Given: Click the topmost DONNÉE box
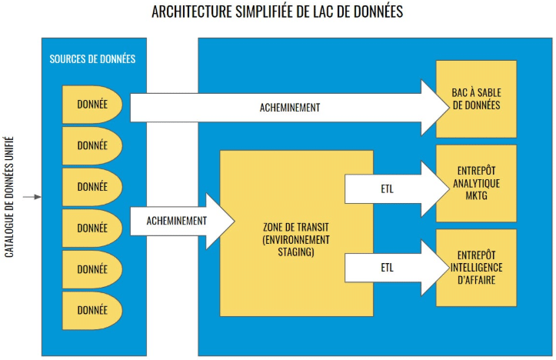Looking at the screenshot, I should pos(92,103).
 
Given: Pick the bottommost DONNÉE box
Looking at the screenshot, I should pos(92,311).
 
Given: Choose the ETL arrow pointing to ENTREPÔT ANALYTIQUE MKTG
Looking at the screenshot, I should pos(388,185).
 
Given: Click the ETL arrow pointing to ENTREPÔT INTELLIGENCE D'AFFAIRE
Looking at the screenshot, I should pos(388,268).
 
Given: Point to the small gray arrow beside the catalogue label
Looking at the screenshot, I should pos(32,198).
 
